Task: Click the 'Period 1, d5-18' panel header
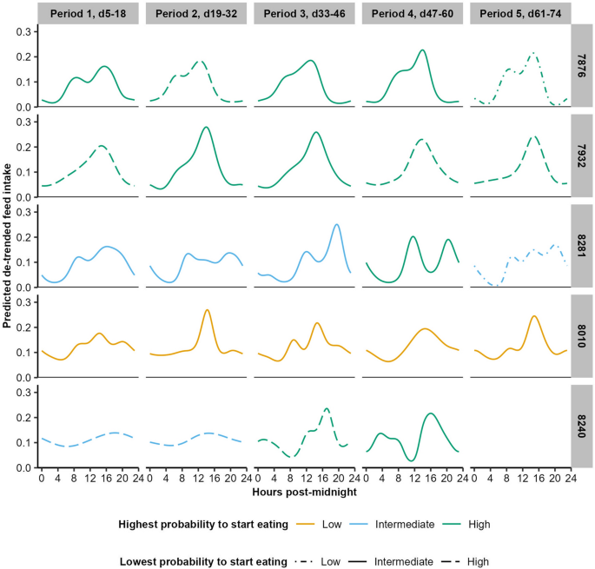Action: pyautogui.click(x=89, y=13)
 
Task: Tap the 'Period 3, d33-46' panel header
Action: pyautogui.click(x=305, y=13)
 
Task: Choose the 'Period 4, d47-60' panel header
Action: pyautogui.click(x=413, y=13)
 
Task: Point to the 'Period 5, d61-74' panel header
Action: pyautogui.click(x=519, y=13)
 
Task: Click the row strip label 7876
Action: pyautogui.click(x=581, y=68)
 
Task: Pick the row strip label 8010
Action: pyautogui.click(x=581, y=338)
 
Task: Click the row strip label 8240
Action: pyautogui.click(x=581, y=428)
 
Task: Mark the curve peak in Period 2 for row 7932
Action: pyautogui.click(x=206, y=127)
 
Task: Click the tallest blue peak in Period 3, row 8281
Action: pyautogui.click(x=336, y=224)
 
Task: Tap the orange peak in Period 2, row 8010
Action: pyautogui.click(x=207, y=309)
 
